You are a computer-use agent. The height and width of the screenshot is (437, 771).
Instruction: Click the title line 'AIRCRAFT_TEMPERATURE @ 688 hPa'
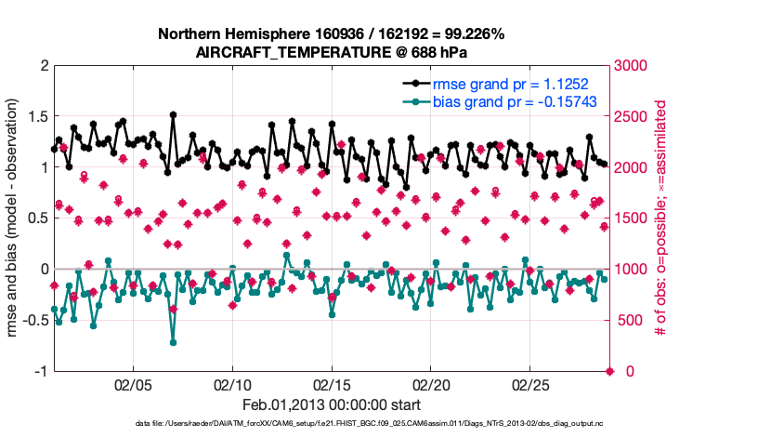332,53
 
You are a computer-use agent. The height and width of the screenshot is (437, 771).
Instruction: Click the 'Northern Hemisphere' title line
332,34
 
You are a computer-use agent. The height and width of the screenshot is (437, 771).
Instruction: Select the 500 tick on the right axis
631,321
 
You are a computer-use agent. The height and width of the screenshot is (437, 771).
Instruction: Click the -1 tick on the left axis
40,371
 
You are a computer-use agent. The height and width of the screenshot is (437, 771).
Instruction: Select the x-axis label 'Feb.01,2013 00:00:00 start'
332,405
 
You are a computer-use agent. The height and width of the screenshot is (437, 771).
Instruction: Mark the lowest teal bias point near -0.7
173,342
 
